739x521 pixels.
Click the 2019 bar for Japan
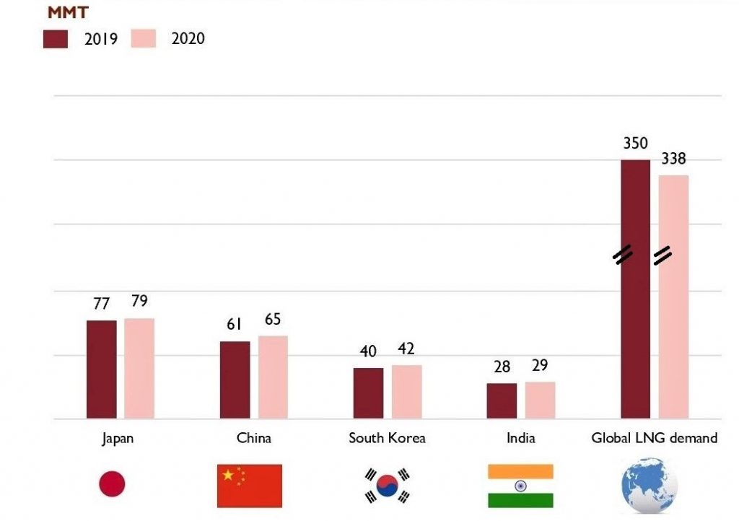coord(101,369)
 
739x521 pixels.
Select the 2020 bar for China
coord(273,377)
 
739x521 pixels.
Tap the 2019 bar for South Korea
coord(368,393)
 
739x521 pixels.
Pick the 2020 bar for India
coord(540,400)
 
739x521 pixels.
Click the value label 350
coord(635,144)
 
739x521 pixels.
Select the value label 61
coord(234,325)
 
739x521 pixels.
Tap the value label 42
coord(406,349)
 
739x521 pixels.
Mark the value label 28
coord(501,367)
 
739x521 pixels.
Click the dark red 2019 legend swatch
coord(56,39)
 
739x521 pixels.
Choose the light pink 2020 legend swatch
coord(144,39)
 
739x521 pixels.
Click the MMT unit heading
coord(69,12)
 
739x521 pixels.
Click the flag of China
coord(249,486)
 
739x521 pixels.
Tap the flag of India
coord(520,486)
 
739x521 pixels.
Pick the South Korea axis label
coord(387,438)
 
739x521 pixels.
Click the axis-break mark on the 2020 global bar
coord(663,255)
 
